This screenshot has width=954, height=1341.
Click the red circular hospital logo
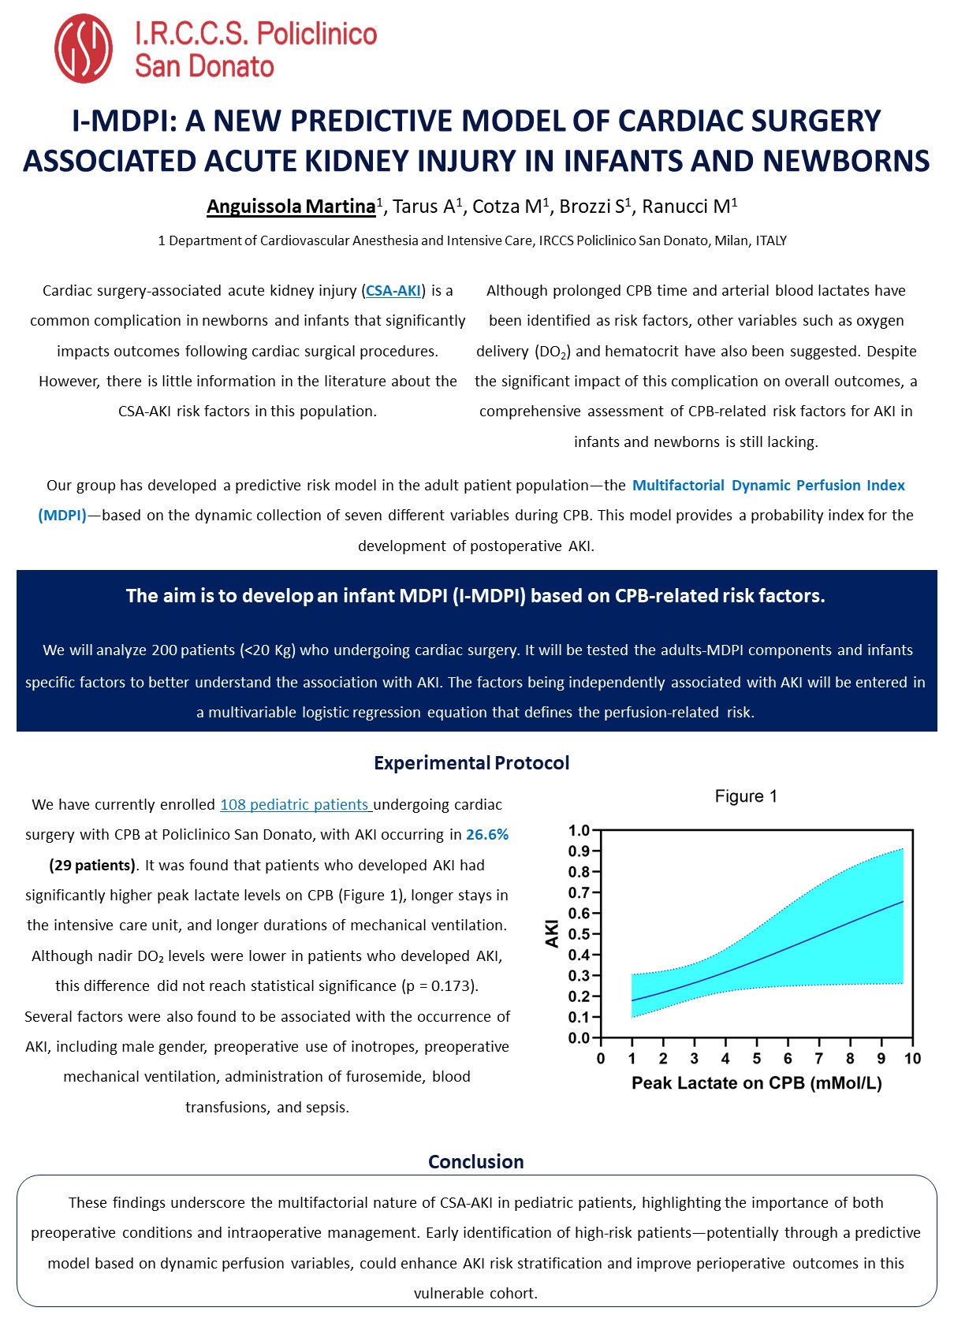click(84, 49)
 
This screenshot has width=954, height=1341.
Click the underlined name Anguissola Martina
click(290, 207)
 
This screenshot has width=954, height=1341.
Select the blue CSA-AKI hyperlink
click(393, 291)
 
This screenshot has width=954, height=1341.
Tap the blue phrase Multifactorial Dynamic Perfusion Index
click(768, 486)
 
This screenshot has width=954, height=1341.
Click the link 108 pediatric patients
click(295, 805)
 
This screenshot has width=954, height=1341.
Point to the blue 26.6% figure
click(487, 835)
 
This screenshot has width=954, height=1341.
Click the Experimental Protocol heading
click(471, 763)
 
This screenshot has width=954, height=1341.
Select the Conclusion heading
click(475, 1162)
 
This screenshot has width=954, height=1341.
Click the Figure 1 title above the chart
click(746, 796)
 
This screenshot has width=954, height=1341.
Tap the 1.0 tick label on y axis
click(579, 830)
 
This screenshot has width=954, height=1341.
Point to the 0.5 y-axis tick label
click(579, 934)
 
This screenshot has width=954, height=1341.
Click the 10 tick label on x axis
click(912, 1059)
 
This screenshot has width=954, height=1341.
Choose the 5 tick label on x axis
click(757, 1059)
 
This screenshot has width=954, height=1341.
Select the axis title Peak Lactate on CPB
click(756, 1083)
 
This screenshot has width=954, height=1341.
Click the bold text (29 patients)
click(92, 866)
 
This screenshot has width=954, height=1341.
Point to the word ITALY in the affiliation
click(771, 241)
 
